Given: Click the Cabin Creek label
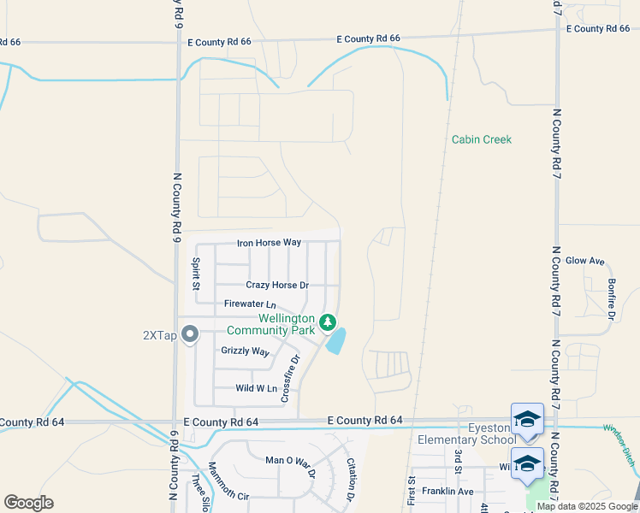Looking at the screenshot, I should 482,139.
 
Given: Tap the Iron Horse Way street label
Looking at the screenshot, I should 269,243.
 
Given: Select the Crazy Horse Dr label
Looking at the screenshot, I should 277,285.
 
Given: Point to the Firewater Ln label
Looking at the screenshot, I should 250,304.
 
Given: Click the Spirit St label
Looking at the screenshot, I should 196,273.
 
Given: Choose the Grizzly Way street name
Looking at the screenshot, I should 245,351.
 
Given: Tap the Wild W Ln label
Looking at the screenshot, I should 257,388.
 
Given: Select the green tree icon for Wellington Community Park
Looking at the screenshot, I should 327,322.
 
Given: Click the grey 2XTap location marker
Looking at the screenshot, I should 190,334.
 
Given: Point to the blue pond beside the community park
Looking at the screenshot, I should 337,342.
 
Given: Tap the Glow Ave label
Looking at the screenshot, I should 585,261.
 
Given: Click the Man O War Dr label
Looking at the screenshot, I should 290,466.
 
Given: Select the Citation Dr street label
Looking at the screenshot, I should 351,479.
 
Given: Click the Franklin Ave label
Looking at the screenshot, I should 453,492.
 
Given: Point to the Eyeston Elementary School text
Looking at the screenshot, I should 467,433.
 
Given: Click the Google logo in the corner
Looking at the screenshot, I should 29,503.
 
